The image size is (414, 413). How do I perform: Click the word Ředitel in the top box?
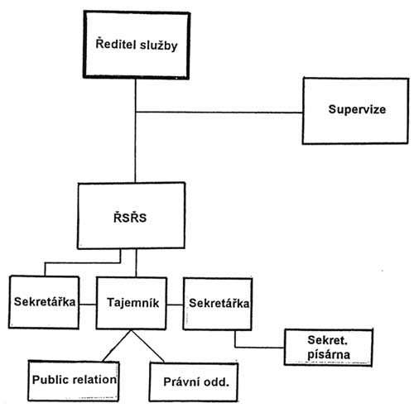coord(116,44)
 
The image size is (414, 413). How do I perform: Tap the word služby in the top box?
coord(159,46)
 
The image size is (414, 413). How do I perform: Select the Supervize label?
coord(357,109)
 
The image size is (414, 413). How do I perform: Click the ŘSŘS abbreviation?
coord(130,217)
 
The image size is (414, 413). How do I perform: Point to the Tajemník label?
coord(132,303)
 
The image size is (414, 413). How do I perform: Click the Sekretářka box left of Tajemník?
coord(44,302)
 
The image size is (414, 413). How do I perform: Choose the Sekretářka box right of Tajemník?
coord(218,304)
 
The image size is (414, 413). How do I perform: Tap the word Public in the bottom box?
coord(51,380)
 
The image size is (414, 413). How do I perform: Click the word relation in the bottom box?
coord(94,380)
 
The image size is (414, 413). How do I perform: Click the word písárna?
coord(329,355)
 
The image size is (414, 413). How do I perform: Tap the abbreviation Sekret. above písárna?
coord(327,340)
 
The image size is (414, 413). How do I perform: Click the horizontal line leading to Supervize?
coord(219,112)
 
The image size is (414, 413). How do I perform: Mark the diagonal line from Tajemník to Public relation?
coord(117,346)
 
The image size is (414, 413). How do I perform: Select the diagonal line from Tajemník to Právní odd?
coord(147,346)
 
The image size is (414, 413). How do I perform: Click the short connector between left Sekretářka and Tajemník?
coord(88,305)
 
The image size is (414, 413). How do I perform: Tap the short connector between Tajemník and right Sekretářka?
coord(175,305)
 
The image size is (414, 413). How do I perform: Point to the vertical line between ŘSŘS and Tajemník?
coord(136,263)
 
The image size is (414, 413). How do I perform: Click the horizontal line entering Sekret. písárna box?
coord(259,347)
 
